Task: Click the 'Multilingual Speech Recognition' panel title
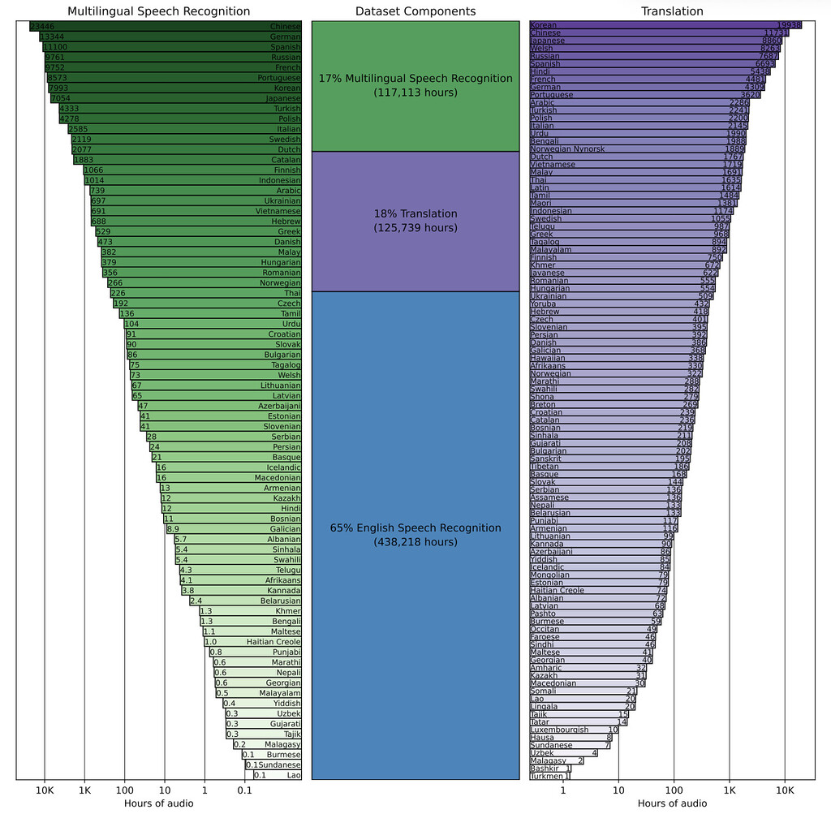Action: (159, 11)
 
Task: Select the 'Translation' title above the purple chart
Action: (672, 11)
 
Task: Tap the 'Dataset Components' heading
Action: (415, 11)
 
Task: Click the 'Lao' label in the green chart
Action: (294, 775)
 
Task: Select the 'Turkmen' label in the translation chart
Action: (547, 776)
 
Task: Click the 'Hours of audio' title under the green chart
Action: (159, 803)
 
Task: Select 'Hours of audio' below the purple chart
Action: (672, 803)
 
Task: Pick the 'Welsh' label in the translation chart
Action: (542, 49)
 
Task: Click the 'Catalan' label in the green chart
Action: (285, 160)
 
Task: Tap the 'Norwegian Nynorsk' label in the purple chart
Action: (567, 149)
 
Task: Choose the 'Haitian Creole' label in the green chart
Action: (273, 642)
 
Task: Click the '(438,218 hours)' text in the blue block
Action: (415, 541)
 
